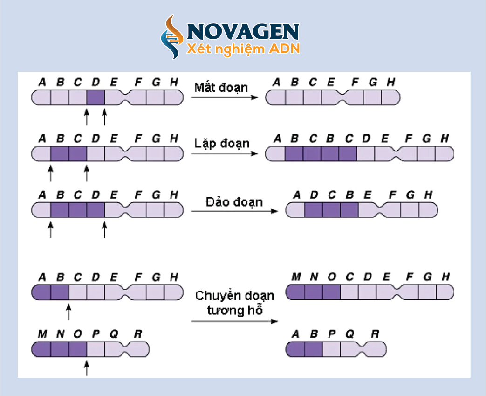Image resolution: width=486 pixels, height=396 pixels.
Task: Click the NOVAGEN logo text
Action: (x=242, y=32)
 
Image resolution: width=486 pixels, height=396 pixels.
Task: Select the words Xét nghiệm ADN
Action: (x=243, y=49)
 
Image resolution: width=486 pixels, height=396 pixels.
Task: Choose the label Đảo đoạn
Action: (x=234, y=201)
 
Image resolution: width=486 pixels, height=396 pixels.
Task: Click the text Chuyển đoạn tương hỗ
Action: (x=234, y=302)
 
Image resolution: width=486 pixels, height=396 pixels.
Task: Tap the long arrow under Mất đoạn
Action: (x=224, y=97)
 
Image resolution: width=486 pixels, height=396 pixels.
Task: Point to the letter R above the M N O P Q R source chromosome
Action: (x=137, y=333)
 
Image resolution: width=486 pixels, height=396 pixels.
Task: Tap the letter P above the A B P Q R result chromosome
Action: (x=331, y=334)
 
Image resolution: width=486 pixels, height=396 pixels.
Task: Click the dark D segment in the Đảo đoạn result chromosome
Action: (x=314, y=210)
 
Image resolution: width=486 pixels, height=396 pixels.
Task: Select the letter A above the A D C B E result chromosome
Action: (x=296, y=195)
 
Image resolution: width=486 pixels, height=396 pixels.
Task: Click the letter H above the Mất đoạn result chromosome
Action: (x=390, y=83)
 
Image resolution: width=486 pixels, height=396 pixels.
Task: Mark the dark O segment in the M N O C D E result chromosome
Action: (x=331, y=292)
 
